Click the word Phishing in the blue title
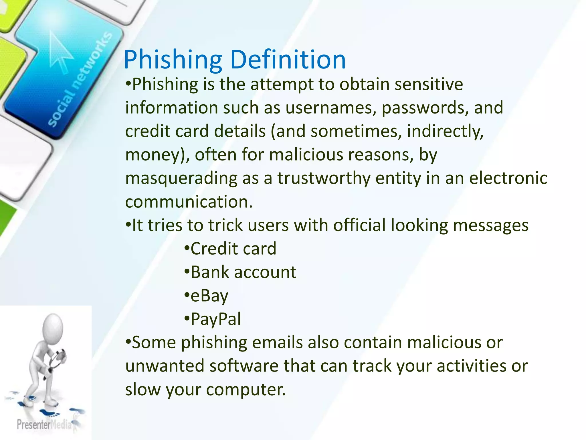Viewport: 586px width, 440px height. (173, 60)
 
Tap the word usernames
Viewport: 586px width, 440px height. (330, 108)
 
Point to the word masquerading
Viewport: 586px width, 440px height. (181, 178)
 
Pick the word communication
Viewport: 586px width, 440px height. (189, 202)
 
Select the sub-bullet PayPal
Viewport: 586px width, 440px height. (215, 319)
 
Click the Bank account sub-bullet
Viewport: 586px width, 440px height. (243, 272)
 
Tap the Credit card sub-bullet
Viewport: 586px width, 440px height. (233, 249)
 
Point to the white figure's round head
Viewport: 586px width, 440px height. (53, 326)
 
